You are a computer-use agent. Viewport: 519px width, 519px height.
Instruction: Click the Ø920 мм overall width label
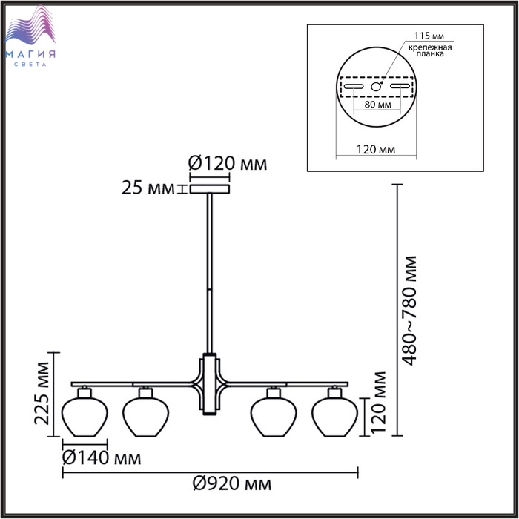232,484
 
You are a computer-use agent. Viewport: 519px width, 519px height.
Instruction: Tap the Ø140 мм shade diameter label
102,458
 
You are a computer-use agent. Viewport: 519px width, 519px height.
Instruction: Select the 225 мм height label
42,393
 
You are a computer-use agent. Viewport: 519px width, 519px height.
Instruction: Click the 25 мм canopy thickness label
148,188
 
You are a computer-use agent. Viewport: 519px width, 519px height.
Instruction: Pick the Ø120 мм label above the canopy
228,163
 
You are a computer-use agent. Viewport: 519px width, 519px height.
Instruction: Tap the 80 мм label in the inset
377,105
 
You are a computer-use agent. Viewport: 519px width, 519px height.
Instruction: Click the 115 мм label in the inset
429,36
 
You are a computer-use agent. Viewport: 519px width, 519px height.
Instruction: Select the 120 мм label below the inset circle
376,150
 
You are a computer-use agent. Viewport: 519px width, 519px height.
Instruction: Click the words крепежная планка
430,50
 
